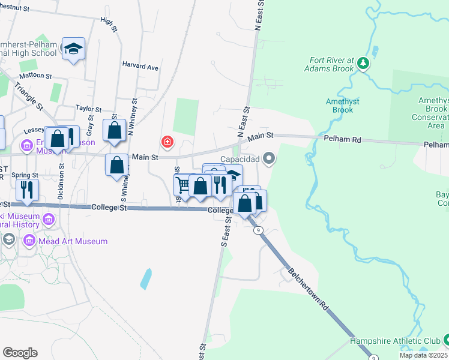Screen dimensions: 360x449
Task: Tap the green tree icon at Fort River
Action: coord(363,62)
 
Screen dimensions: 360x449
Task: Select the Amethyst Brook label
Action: coord(343,106)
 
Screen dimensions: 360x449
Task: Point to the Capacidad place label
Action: coord(240,159)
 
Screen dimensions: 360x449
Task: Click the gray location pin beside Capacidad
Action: coord(269,158)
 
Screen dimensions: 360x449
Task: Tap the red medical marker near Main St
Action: coord(167,142)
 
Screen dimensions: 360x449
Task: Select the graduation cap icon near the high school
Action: coord(73,49)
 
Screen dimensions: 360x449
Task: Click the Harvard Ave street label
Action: coord(140,67)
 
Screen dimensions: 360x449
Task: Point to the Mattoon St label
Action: coord(35,77)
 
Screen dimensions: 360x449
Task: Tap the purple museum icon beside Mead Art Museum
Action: coord(29,241)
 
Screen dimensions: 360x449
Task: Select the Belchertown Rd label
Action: coord(309,288)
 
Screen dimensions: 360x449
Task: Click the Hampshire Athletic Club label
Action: coord(395,341)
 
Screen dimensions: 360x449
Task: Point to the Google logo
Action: coord(20,353)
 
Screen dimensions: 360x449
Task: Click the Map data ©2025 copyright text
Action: coord(423,355)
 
